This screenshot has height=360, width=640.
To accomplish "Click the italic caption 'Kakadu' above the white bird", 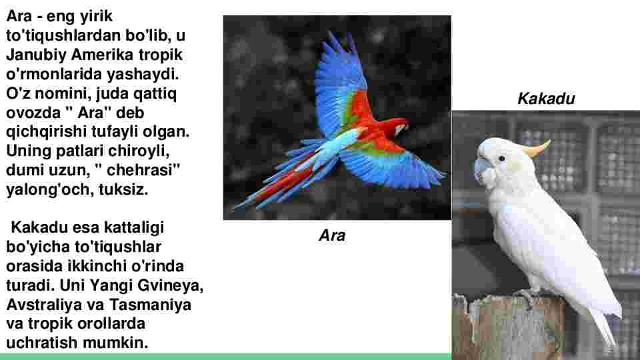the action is (x=546, y=99).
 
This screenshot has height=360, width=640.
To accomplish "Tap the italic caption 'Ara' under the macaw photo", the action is (x=332, y=235).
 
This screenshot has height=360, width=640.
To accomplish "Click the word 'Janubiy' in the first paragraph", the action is (x=36, y=55).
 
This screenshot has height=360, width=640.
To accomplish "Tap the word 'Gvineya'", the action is (x=170, y=285).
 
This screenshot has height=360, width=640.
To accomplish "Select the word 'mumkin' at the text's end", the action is (x=115, y=343).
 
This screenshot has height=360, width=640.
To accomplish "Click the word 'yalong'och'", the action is (x=49, y=189).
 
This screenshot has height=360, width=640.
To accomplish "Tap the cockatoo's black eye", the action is (x=501, y=159).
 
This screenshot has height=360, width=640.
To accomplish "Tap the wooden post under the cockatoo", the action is (x=508, y=327).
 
